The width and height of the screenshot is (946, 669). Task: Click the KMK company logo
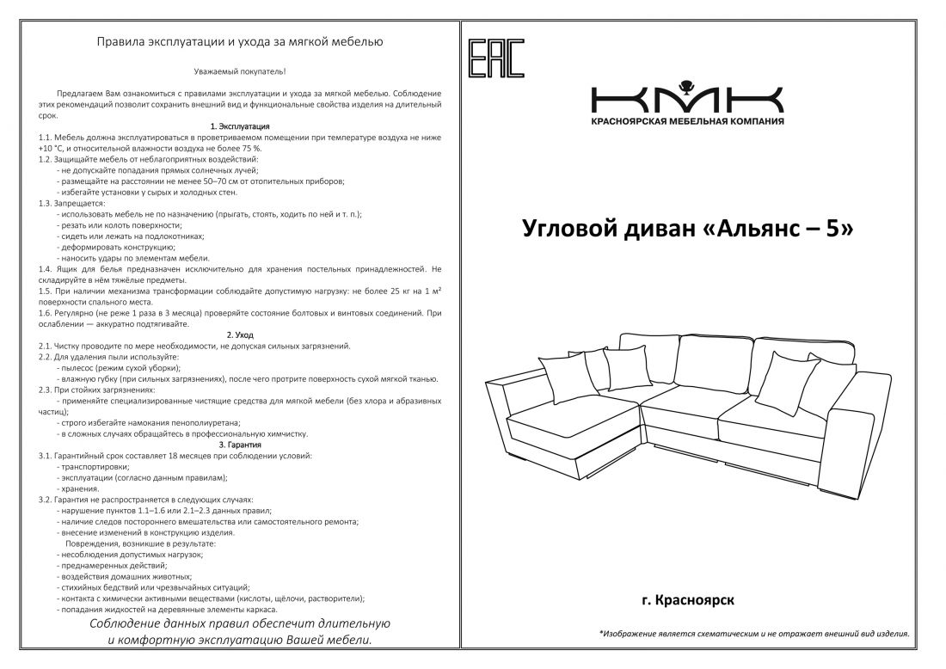[687, 96]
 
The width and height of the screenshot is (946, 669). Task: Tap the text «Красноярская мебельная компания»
[687, 122]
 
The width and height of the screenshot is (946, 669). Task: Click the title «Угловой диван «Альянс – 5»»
[687, 229]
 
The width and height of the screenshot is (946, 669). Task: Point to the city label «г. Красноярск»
[687, 598]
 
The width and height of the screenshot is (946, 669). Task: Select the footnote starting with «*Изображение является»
[753, 634]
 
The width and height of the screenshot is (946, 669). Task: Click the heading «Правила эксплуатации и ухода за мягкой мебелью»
[240, 40]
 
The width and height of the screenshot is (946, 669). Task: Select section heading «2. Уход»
[240, 334]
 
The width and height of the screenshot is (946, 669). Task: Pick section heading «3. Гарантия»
[240, 445]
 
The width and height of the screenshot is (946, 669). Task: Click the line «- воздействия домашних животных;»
[124, 576]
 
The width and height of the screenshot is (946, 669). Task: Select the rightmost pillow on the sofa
[791, 382]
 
